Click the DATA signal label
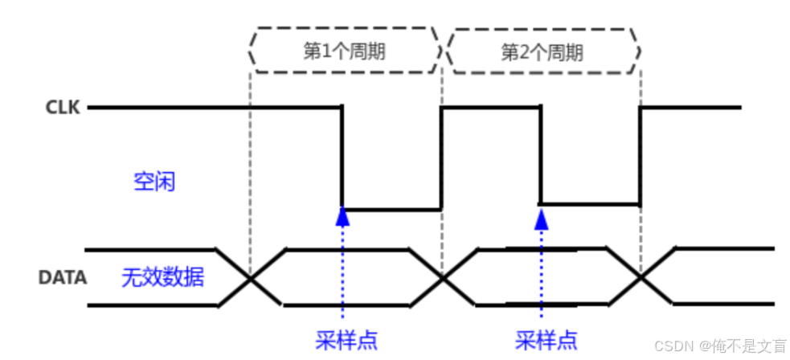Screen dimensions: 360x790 (62, 278)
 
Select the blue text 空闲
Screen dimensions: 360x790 (153, 182)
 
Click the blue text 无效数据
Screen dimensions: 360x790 (162, 278)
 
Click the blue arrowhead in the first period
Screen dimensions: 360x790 (343, 215)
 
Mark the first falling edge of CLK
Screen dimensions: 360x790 (343, 157)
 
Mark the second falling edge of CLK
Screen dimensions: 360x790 (540, 155)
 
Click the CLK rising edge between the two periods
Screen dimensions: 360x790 (441, 157)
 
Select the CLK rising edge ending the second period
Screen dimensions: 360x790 (640, 155)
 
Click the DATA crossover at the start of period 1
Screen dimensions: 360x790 (252, 278)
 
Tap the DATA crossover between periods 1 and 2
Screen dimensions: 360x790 (442, 278)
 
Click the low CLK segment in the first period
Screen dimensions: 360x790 (392, 209)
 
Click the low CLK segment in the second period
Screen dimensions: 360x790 (591, 203)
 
